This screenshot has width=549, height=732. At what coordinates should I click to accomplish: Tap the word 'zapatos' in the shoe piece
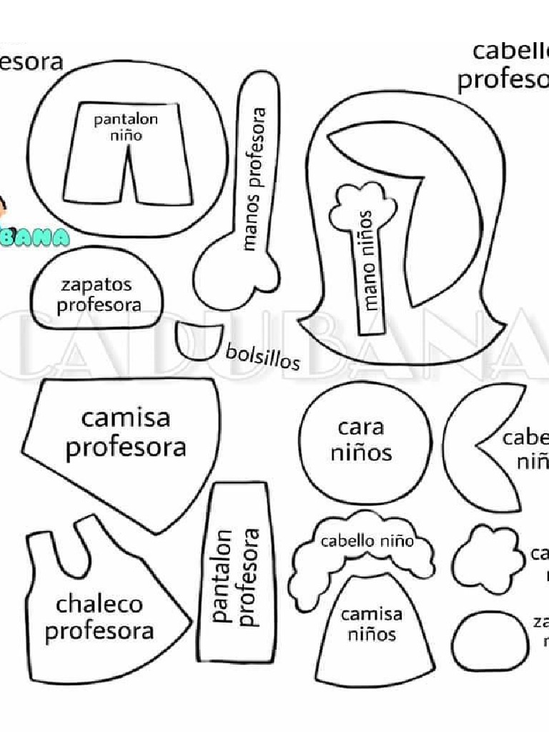point(96,285)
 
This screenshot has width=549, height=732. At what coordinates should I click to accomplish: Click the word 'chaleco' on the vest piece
point(99,605)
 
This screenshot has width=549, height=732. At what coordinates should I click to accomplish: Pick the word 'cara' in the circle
point(361,428)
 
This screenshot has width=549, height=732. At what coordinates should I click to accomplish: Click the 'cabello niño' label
point(367,541)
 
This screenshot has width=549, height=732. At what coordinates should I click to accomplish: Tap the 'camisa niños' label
point(371,623)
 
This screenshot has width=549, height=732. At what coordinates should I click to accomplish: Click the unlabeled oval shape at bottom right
point(490,642)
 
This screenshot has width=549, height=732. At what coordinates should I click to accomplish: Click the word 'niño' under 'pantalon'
point(126,135)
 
